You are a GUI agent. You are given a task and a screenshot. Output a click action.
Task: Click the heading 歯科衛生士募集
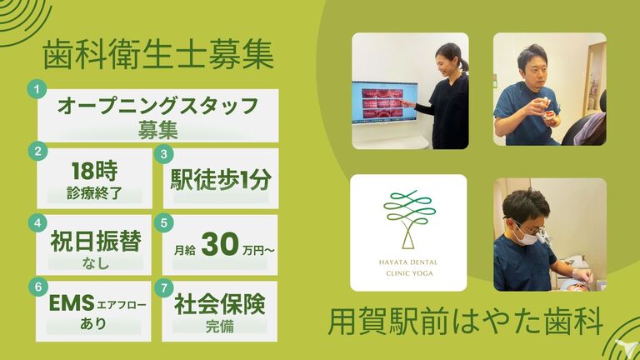tap(158, 55)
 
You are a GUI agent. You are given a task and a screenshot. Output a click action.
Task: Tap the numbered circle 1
tap(37, 89)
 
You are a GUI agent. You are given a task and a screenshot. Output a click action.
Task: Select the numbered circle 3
tap(164, 154)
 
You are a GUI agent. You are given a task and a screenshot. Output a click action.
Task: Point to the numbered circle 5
tap(164, 222)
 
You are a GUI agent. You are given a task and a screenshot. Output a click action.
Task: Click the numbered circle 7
tap(164, 288)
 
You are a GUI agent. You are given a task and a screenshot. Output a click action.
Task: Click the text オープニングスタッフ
tap(158, 106)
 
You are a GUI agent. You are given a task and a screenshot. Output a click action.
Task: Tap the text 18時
tap(94, 171)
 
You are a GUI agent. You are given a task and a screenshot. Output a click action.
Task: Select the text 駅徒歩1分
tap(220, 180)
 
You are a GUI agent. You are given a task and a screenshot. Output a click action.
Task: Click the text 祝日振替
tap(96, 241)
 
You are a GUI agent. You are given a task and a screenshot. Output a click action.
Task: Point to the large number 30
tap(220, 244)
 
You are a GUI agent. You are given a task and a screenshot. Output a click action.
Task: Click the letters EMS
tap(72, 303)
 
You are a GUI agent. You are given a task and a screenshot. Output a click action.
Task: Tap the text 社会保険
tap(220, 304)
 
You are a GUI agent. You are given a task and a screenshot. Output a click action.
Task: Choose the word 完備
tap(220, 327)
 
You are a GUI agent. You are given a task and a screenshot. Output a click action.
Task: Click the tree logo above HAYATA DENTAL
tap(409, 219)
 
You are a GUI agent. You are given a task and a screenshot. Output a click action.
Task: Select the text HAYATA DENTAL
tap(408, 262)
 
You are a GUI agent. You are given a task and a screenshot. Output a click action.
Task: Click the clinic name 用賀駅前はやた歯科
tap(466, 322)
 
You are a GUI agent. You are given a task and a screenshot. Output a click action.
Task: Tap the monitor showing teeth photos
tap(384, 102)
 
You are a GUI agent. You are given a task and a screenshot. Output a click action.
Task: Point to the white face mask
tap(526, 236)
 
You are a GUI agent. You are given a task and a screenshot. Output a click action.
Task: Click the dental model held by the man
tap(549, 116)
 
